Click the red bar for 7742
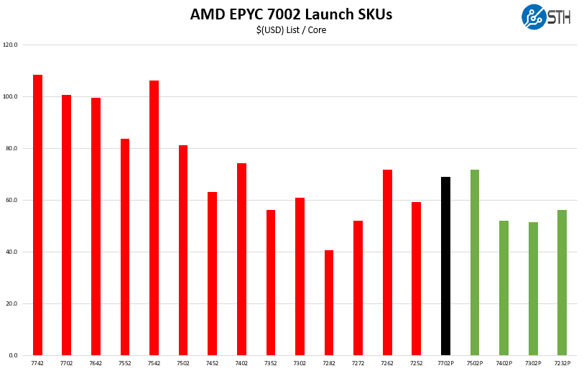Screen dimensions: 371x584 (x=37, y=215)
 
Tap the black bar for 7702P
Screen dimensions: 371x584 (x=445, y=266)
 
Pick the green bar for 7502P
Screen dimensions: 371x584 (x=475, y=262)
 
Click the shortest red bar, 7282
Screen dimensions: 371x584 (x=329, y=303)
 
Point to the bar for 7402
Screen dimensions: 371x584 (x=241, y=259)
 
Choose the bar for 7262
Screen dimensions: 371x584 (x=387, y=262)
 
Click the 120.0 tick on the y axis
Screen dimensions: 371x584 (x=10, y=45)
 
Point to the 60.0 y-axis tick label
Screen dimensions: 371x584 (x=11, y=200)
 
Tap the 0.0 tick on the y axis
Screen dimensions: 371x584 (x=13, y=355)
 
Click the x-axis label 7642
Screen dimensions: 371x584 (x=96, y=364)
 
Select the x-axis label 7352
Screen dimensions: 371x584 (x=271, y=364)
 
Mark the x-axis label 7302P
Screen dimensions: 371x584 (x=533, y=364)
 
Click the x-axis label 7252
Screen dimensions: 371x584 (x=417, y=364)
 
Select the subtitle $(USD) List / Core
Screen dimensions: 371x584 (x=291, y=30)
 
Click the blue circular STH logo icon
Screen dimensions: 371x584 (x=534, y=17)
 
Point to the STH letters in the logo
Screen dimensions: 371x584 (x=560, y=17)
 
